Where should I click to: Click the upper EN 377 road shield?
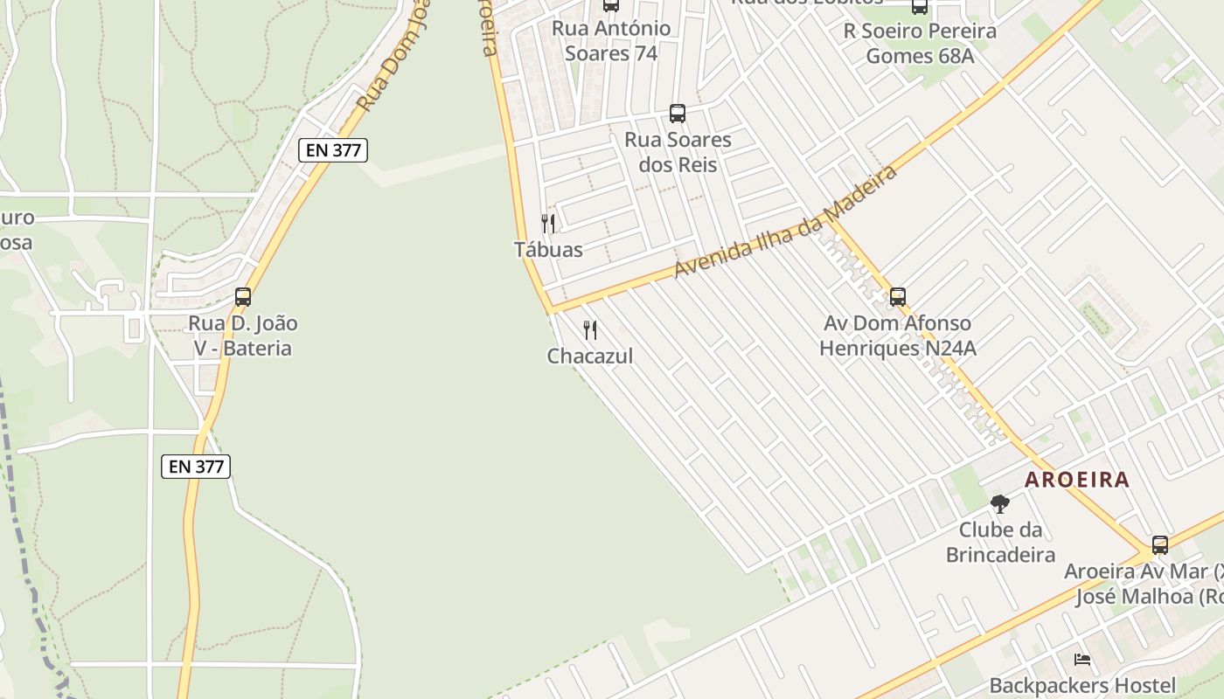[x=332, y=149]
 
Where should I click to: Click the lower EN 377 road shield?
[x=196, y=467]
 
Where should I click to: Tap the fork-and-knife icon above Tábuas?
[x=548, y=224]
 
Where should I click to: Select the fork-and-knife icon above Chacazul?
[x=590, y=330]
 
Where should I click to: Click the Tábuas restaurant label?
[x=548, y=250]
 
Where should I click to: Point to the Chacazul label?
[x=590, y=356]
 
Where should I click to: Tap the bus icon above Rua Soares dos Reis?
[x=678, y=113]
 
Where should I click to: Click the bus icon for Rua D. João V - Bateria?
[x=243, y=297]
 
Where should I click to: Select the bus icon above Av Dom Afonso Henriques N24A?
[x=898, y=297]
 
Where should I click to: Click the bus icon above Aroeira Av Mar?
[x=1160, y=545]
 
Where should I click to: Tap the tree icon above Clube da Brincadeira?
[x=1000, y=504]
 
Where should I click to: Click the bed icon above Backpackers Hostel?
[x=1082, y=660]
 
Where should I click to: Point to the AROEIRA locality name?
[x=1077, y=480]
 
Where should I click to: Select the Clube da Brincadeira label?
[x=1000, y=543]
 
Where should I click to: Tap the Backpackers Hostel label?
[x=1082, y=686]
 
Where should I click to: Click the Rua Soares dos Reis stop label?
[x=678, y=152]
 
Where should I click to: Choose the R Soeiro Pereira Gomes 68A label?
[x=920, y=44]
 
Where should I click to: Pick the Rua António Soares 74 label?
[x=611, y=40]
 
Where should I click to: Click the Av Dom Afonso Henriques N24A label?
[x=898, y=336]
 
